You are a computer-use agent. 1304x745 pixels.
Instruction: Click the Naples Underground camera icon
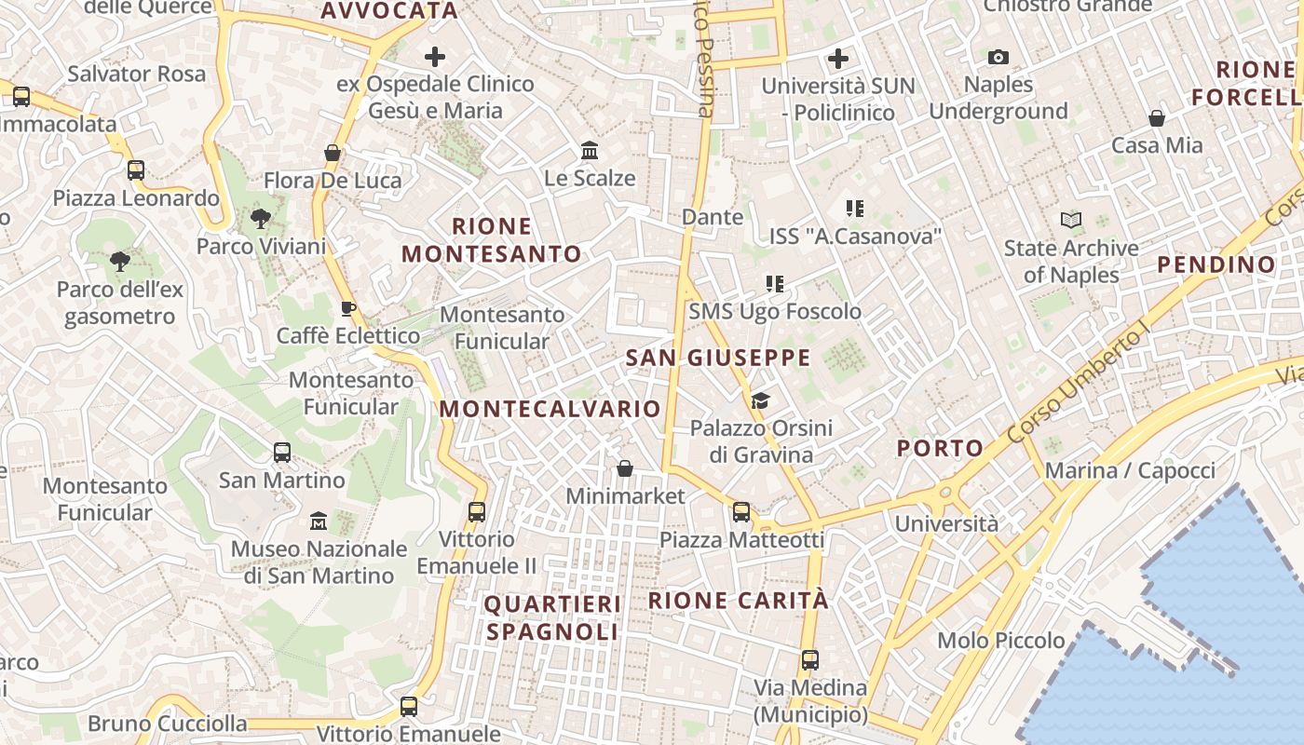(998, 58)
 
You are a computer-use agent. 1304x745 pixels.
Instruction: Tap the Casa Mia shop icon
(1157, 118)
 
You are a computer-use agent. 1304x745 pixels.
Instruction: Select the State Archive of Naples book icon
(1071, 221)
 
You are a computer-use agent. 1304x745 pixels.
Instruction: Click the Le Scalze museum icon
(590, 150)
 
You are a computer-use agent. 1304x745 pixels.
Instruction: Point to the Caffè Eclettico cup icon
(348, 308)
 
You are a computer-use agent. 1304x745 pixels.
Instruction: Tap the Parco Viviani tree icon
(261, 219)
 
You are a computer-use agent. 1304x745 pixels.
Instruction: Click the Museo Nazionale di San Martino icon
(319, 521)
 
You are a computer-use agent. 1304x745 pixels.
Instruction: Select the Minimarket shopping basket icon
(625, 468)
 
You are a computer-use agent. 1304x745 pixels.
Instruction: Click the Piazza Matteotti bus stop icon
(741, 512)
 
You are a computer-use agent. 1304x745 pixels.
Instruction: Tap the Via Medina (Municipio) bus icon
(810, 660)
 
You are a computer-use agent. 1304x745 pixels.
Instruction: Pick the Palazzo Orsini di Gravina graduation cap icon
(761, 401)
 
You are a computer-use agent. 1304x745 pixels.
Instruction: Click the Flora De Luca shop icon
(333, 153)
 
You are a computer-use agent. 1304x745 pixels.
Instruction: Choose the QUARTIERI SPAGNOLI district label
(552, 617)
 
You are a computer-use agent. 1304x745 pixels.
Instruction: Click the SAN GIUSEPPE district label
(718, 358)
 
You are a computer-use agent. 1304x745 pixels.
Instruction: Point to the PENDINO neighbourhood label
(1216, 264)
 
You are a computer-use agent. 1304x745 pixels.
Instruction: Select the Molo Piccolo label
(1001, 641)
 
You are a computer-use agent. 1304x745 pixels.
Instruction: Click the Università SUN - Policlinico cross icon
(838, 59)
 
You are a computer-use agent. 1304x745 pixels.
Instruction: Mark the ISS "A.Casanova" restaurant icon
(854, 209)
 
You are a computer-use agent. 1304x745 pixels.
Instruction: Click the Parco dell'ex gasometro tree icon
(119, 262)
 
